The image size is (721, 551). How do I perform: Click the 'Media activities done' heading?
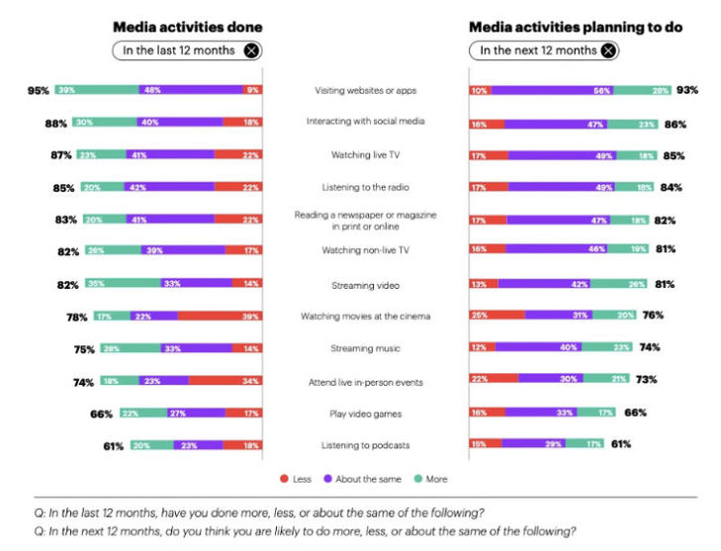tap(188, 27)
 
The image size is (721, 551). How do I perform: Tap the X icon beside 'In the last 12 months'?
tap(251, 50)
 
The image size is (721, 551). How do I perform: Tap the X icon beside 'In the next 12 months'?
tap(608, 50)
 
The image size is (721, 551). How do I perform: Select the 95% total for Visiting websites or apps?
tap(39, 90)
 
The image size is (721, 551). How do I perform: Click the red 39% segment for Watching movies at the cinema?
tap(219, 317)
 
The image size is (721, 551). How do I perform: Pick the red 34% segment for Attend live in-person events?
tap(224, 381)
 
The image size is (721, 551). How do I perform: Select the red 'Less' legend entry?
tap(296, 479)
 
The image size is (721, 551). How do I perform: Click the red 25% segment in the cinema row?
tap(497, 317)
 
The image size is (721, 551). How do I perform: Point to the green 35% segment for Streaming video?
tap(121, 284)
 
